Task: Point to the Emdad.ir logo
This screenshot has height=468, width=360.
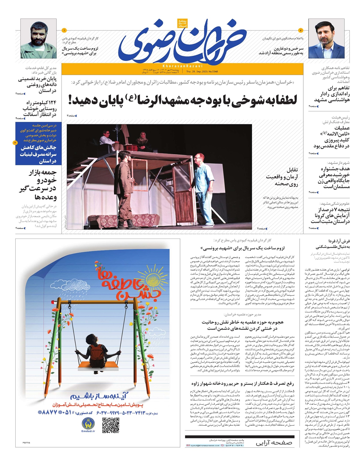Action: click(x=88, y=425)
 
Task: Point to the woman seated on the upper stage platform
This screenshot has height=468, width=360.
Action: click(x=142, y=142)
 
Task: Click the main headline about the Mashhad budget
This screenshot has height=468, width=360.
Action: click(x=183, y=100)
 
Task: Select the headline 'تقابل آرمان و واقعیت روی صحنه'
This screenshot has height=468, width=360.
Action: click(x=282, y=177)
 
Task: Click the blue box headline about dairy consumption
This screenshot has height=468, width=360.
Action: click(x=38, y=154)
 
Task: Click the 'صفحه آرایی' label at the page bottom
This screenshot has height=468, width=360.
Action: click(x=274, y=443)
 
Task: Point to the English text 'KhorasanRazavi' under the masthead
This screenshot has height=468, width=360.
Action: click(x=182, y=66)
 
